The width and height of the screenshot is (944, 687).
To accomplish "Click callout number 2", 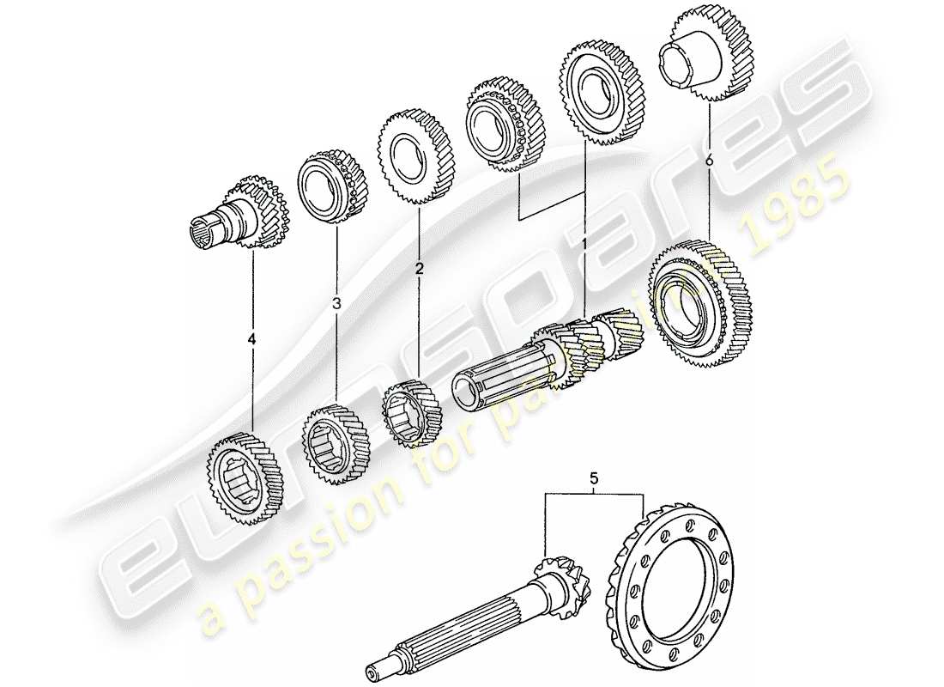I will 419,269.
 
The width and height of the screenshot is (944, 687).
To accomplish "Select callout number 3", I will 336,303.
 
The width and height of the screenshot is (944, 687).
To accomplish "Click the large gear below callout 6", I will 699,305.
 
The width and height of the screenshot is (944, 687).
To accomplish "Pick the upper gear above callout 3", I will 331,188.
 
